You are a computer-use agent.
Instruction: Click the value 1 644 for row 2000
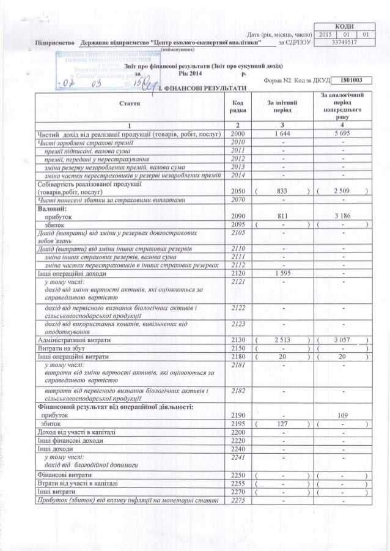(x=282, y=133)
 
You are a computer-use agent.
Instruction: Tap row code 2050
(x=238, y=191)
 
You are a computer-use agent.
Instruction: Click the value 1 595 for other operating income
(x=282, y=274)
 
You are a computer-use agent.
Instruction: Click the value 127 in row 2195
(x=282, y=424)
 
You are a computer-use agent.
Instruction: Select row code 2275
(x=238, y=500)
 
